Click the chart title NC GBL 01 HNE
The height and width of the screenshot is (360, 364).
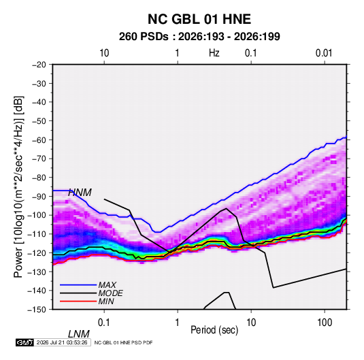[x=199, y=19]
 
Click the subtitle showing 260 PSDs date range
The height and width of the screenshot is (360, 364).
[x=199, y=37]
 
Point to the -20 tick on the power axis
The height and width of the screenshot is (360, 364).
[x=39, y=65]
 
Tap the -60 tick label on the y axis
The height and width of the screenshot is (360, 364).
[x=39, y=140]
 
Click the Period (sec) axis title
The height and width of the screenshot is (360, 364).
[x=214, y=330]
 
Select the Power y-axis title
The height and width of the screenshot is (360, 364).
[x=19, y=187]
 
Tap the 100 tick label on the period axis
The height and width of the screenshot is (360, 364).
[x=325, y=323]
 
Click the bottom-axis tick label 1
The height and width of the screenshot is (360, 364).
[x=177, y=323]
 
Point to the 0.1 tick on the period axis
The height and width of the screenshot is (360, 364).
[x=104, y=323]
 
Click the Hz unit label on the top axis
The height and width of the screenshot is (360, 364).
[x=214, y=53]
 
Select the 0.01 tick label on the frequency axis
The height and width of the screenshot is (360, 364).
[x=324, y=53]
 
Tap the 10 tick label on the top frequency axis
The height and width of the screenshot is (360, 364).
[x=104, y=53]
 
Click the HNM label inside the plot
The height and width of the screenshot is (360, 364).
[x=80, y=193]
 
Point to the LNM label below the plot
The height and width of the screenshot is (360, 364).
[x=78, y=334]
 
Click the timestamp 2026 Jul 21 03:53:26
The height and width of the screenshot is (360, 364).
[x=62, y=342]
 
